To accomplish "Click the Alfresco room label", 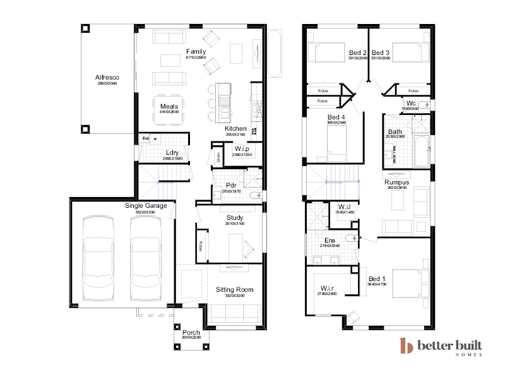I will (x=108, y=77).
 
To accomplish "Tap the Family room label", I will (x=196, y=51).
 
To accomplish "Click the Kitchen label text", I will (x=235, y=129).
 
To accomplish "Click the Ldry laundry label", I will (x=172, y=152).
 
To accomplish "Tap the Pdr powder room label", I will (x=230, y=185).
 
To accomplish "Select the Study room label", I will (x=235, y=218).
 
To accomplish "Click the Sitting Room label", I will (x=234, y=290).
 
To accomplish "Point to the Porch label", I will (x=191, y=332).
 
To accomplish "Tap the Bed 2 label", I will (x=358, y=52).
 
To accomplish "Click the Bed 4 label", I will (x=336, y=117).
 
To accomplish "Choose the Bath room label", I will (x=395, y=131).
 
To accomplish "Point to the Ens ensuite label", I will (x=330, y=241).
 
